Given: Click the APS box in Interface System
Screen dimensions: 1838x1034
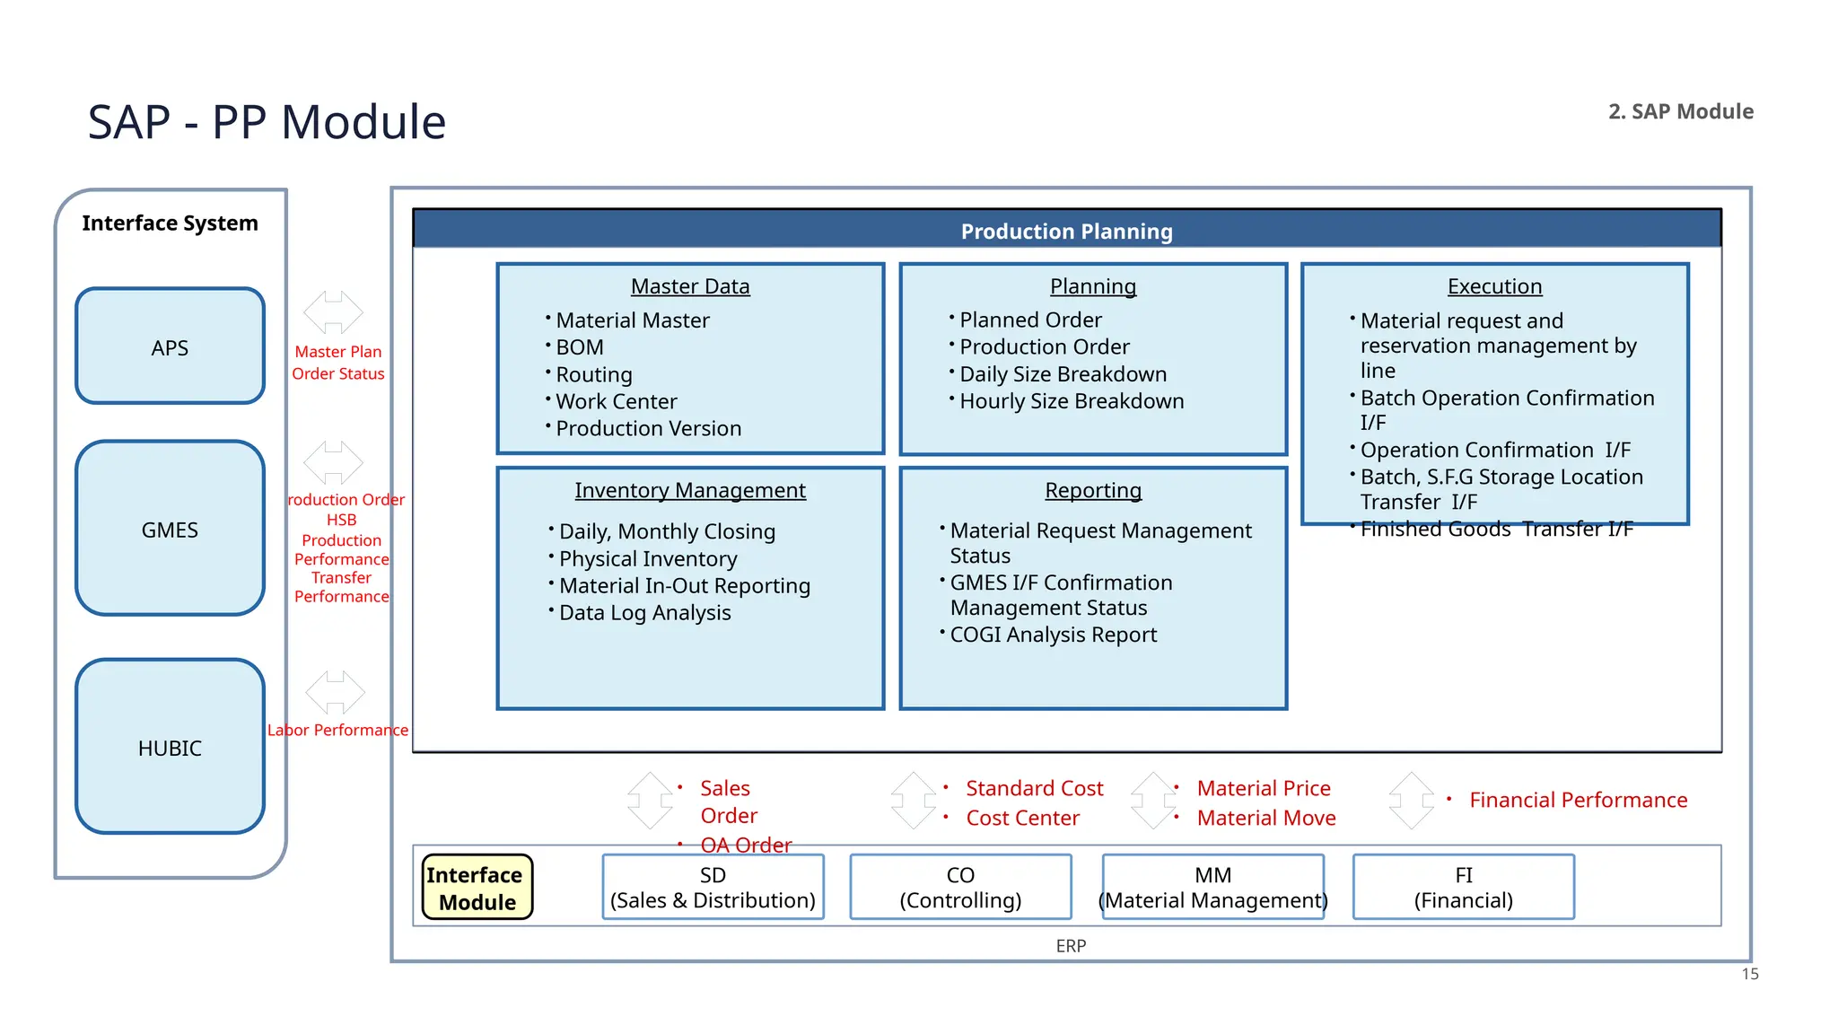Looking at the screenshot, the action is click(x=170, y=346).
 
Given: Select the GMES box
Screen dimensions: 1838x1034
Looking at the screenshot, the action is click(x=170, y=529).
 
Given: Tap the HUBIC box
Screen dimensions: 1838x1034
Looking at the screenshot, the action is click(x=170, y=747).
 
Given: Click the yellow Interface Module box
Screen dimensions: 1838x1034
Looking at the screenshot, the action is click(x=477, y=888).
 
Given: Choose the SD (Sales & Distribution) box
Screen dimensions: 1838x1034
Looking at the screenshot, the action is click(x=713, y=888).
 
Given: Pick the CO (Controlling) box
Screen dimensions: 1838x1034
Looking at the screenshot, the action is click(x=960, y=888).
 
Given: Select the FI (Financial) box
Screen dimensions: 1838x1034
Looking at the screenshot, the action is click(x=1463, y=888).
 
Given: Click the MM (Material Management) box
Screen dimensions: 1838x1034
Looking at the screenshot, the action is click(x=1212, y=888).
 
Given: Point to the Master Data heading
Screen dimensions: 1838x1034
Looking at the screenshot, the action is click(x=689, y=286).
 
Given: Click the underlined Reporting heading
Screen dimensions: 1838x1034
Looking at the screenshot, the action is click(x=1092, y=490).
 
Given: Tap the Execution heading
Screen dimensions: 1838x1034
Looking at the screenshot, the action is click(x=1494, y=286).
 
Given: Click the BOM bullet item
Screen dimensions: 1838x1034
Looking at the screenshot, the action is click(x=580, y=347).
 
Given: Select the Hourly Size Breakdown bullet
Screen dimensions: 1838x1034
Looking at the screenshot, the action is click(x=1071, y=401).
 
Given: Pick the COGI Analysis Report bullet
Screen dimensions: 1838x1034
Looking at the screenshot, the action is click(x=1053, y=635).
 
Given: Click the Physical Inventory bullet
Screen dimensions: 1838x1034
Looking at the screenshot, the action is click(x=647, y=559).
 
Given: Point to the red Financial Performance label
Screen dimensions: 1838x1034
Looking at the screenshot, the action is click(x=1578, y=800).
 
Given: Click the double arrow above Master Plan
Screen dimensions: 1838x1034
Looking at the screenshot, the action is click(x=333, y=311).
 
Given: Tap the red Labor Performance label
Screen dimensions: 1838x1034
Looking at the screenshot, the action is click(x=337, y=730).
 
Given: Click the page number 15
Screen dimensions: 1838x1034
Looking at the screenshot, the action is click(x=1749, y=974).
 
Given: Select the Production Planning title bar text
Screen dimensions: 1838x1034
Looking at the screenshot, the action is click(x=1066, y=232).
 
